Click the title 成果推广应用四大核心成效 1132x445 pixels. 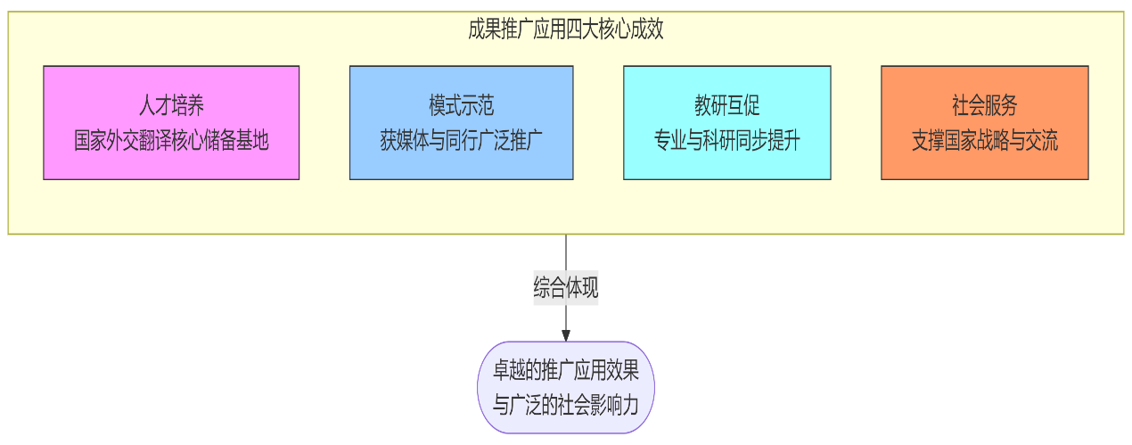pyautogui.click(x=565, y=29)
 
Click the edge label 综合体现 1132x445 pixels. pyautogui.click(x=566, y=288)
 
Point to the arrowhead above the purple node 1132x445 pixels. pyautogui.click(x=566, y=335)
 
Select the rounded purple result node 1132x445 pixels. pyautogui.click(x=566, y=387)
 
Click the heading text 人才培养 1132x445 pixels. pyautogui.click(x=171, y=106)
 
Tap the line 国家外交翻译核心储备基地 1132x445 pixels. pyautogui.click(x=171, y=140)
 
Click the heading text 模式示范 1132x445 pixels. pyautogui.click(x=461, y=106)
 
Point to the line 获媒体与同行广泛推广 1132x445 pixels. pyautogui.click(x=461, y=140)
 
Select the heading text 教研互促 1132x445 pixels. pyautogui.click(x=726, y=106)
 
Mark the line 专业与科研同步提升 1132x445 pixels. pyautogui.click(x=726, y=140)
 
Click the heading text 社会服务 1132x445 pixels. pyautogui.click(x=984, y=106)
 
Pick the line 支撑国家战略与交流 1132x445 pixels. pyautogui.click(x=984, y=140)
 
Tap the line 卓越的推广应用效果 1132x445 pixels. pyautogui.click(x=566, y=371)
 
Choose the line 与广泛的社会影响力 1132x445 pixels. pyautogui.click(x=566, y=404)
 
